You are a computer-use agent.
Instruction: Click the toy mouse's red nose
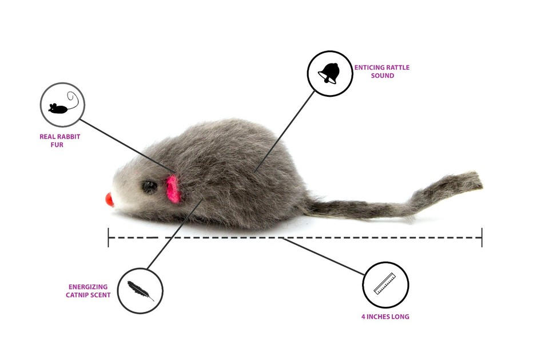pyautogui.click(x=109, y=200)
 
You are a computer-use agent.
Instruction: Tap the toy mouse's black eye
pyautogui.click(x=150, y=185)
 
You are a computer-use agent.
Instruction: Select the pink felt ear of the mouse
pyautogui.click(x=173, y=188)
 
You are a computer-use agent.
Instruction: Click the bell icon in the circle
pyautogui.click(x=329, y=73)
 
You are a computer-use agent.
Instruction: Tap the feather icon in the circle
pyautogui.click(x=140, y=291)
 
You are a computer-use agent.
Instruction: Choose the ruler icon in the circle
pyautogui.click(x=385, y=284)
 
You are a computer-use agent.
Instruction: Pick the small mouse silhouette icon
pyautogui.click(x=60, y=106)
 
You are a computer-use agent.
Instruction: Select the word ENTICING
pyautogui.click(x=369, y=68)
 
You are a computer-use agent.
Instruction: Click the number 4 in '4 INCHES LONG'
pyautogui.click(x=363, y=317)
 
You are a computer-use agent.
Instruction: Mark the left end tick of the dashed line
pyautogui.click(x=109, y=237)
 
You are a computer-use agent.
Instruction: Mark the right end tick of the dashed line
pyautogui.click(x=482, y=237)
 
